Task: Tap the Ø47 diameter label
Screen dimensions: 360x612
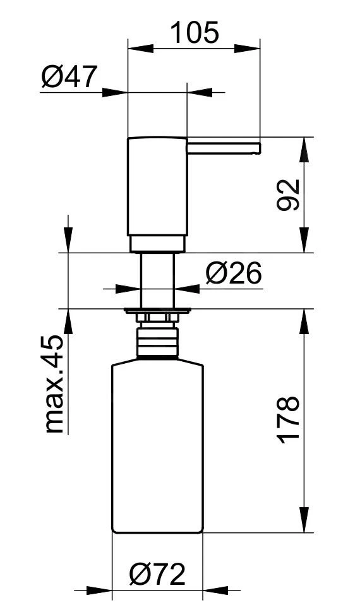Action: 69,76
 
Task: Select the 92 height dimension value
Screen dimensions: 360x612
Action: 288,195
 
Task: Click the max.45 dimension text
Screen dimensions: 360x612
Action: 54,383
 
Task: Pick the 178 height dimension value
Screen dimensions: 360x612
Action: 289,420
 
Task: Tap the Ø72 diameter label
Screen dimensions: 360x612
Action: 157,573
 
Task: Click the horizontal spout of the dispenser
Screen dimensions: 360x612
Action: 224,148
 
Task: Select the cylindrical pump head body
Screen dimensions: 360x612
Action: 157,186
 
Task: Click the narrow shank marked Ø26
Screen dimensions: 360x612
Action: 157,280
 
